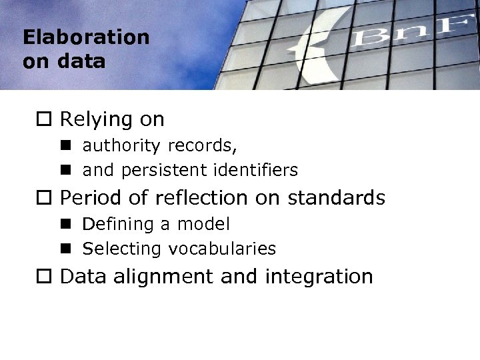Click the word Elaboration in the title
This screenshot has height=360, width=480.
tap(86, 37)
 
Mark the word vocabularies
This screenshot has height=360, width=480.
tap(222, 249)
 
